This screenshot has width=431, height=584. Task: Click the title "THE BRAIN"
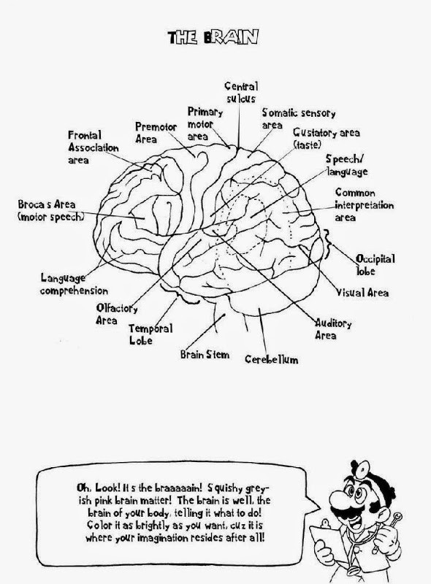point(213,38)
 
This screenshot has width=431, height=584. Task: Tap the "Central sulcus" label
point(241,93)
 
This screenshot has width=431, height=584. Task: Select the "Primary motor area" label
point(205,124)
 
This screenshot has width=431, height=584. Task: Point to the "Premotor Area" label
point(156,133)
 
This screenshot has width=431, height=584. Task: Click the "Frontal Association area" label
point(94,147)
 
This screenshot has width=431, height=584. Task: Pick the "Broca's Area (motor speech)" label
point(50,210)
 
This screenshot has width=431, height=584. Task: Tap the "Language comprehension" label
point(75,284)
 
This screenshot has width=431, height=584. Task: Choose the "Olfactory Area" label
point(117,314)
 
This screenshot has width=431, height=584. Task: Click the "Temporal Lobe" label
point(150,334)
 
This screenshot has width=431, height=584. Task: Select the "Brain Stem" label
point(205,354)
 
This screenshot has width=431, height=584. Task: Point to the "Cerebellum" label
point(272,359)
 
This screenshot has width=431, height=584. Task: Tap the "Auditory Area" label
point(333,329)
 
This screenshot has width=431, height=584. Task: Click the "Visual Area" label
point(362,293)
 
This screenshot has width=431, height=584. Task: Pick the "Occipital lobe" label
point(375,265)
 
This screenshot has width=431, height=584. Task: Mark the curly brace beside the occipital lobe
point(327,245)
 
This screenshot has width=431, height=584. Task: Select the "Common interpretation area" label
point(364,205)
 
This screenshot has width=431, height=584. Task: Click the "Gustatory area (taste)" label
point(327,138)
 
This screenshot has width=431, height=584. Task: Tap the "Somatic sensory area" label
point(298,118)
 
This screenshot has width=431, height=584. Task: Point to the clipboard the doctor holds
point(325,545)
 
